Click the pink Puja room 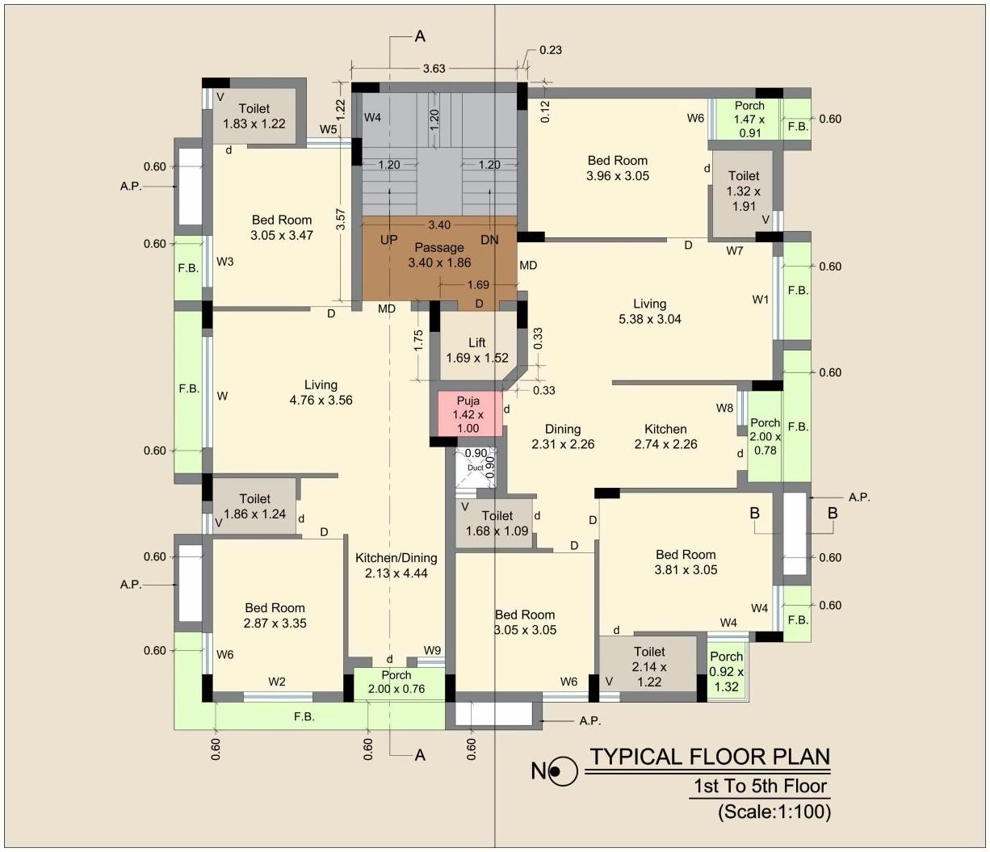click(468, 414)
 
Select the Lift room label click(477, 350)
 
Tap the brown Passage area click(439, 255)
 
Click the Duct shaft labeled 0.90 click(476, 467)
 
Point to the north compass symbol click(562, 772)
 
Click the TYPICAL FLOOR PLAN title click(710, 757)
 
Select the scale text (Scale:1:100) click(774, 812)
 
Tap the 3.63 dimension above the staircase click(434, 69)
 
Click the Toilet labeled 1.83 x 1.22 click(254, 116)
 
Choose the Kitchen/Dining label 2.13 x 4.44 click(396, 565)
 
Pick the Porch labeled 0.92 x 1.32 click(727, 671)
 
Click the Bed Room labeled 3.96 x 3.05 click(618, 168)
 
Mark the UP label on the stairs click(389, 240)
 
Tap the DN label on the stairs click(489, 240)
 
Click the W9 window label click(433, 650)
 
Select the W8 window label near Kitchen click(724, 409)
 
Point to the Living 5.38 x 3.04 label click(649, 311)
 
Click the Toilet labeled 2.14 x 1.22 click(649, 666)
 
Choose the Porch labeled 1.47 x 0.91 click(749, 119)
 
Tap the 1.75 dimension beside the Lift click(418, 339)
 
